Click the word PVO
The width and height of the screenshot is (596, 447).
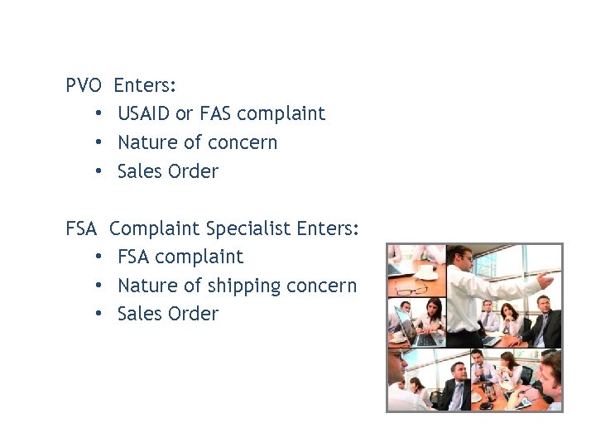(x=84, y=85)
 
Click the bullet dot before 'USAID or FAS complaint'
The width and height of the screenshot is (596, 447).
(x=99, y=113)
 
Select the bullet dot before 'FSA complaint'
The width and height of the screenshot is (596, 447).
(x=99, y=257)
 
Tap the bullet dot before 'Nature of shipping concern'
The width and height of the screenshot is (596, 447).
(x=99, y=286)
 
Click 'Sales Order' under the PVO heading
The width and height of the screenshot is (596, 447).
(x=168, y=171)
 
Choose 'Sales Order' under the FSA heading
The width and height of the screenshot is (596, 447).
(x=168, y=315)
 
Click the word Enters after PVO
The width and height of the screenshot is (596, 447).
(x=145, y=85)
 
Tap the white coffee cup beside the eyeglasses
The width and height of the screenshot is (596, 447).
(x=427, y=271)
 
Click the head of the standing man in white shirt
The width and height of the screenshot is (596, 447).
(x=460, y=257)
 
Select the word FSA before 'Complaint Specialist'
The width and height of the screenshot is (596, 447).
(x=82, y=228)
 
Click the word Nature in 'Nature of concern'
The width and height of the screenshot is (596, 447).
(x=147, y=142)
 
